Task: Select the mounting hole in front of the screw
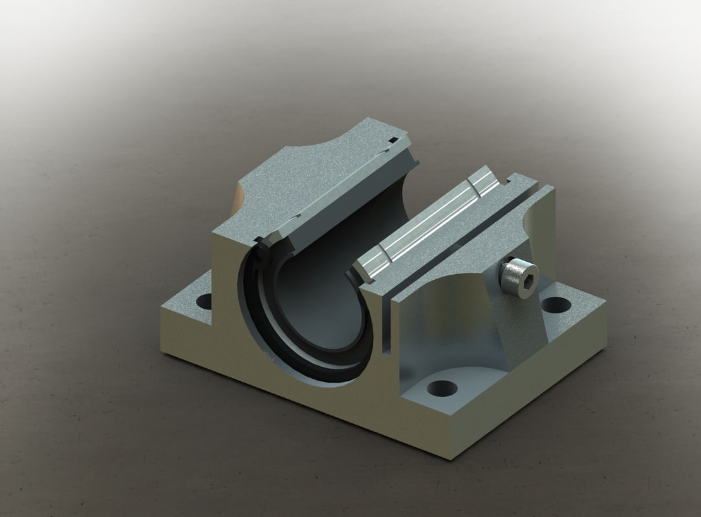click(442, 388)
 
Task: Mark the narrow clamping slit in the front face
click(387, 323)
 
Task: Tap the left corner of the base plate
click(162, 352)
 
